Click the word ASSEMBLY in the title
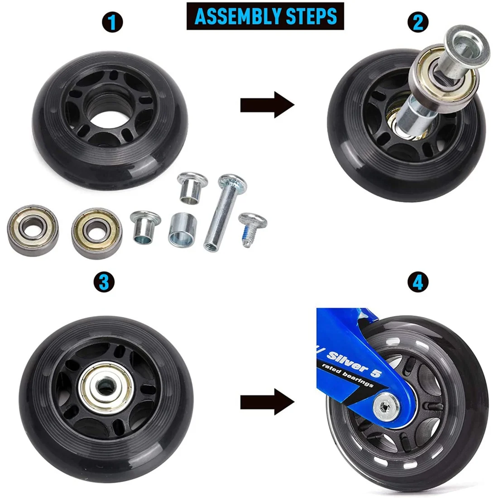[238, 16]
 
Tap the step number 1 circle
[112, 22]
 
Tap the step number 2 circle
[417, 21]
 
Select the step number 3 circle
[104, 283]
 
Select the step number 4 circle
[417, 283]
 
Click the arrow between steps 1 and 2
[267, 105]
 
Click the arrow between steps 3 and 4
[267, 402]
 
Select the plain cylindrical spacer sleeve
[181, 229]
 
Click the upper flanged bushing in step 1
[192, 187]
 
